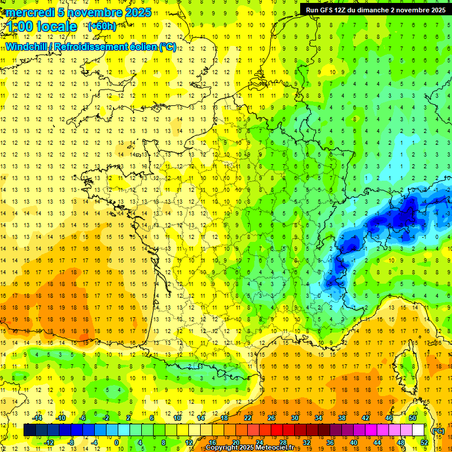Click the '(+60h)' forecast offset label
click(101, 26)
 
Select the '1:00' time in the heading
click(19, 27)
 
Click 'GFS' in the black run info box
click(327, 10)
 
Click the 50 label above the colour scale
click(413, 418)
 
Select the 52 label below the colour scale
click(424, 443)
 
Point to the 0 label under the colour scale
click(117, 443)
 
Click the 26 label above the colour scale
click(271, 418)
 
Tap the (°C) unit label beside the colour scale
click(438, 431)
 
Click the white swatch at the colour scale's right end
click(418, 430)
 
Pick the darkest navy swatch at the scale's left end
click(29, 430)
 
